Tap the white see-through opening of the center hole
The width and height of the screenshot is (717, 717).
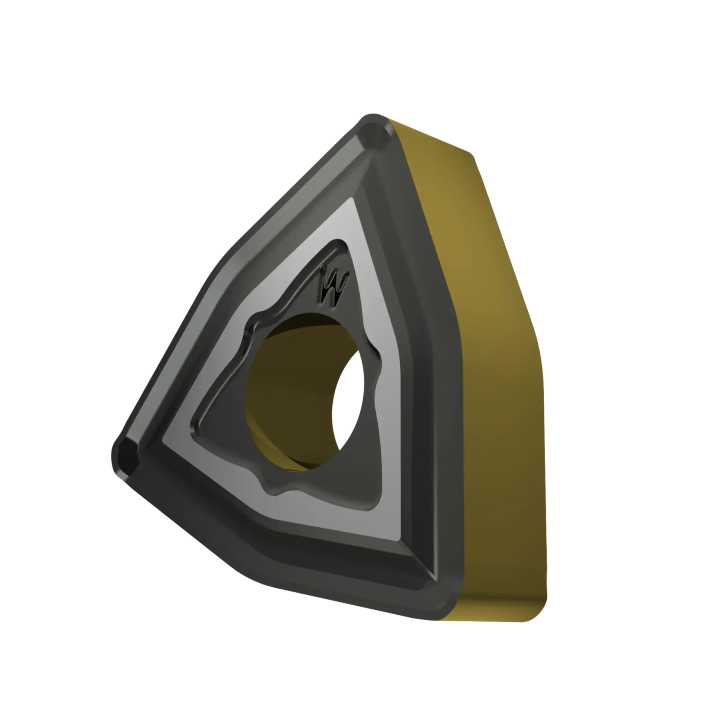[348, 405]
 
